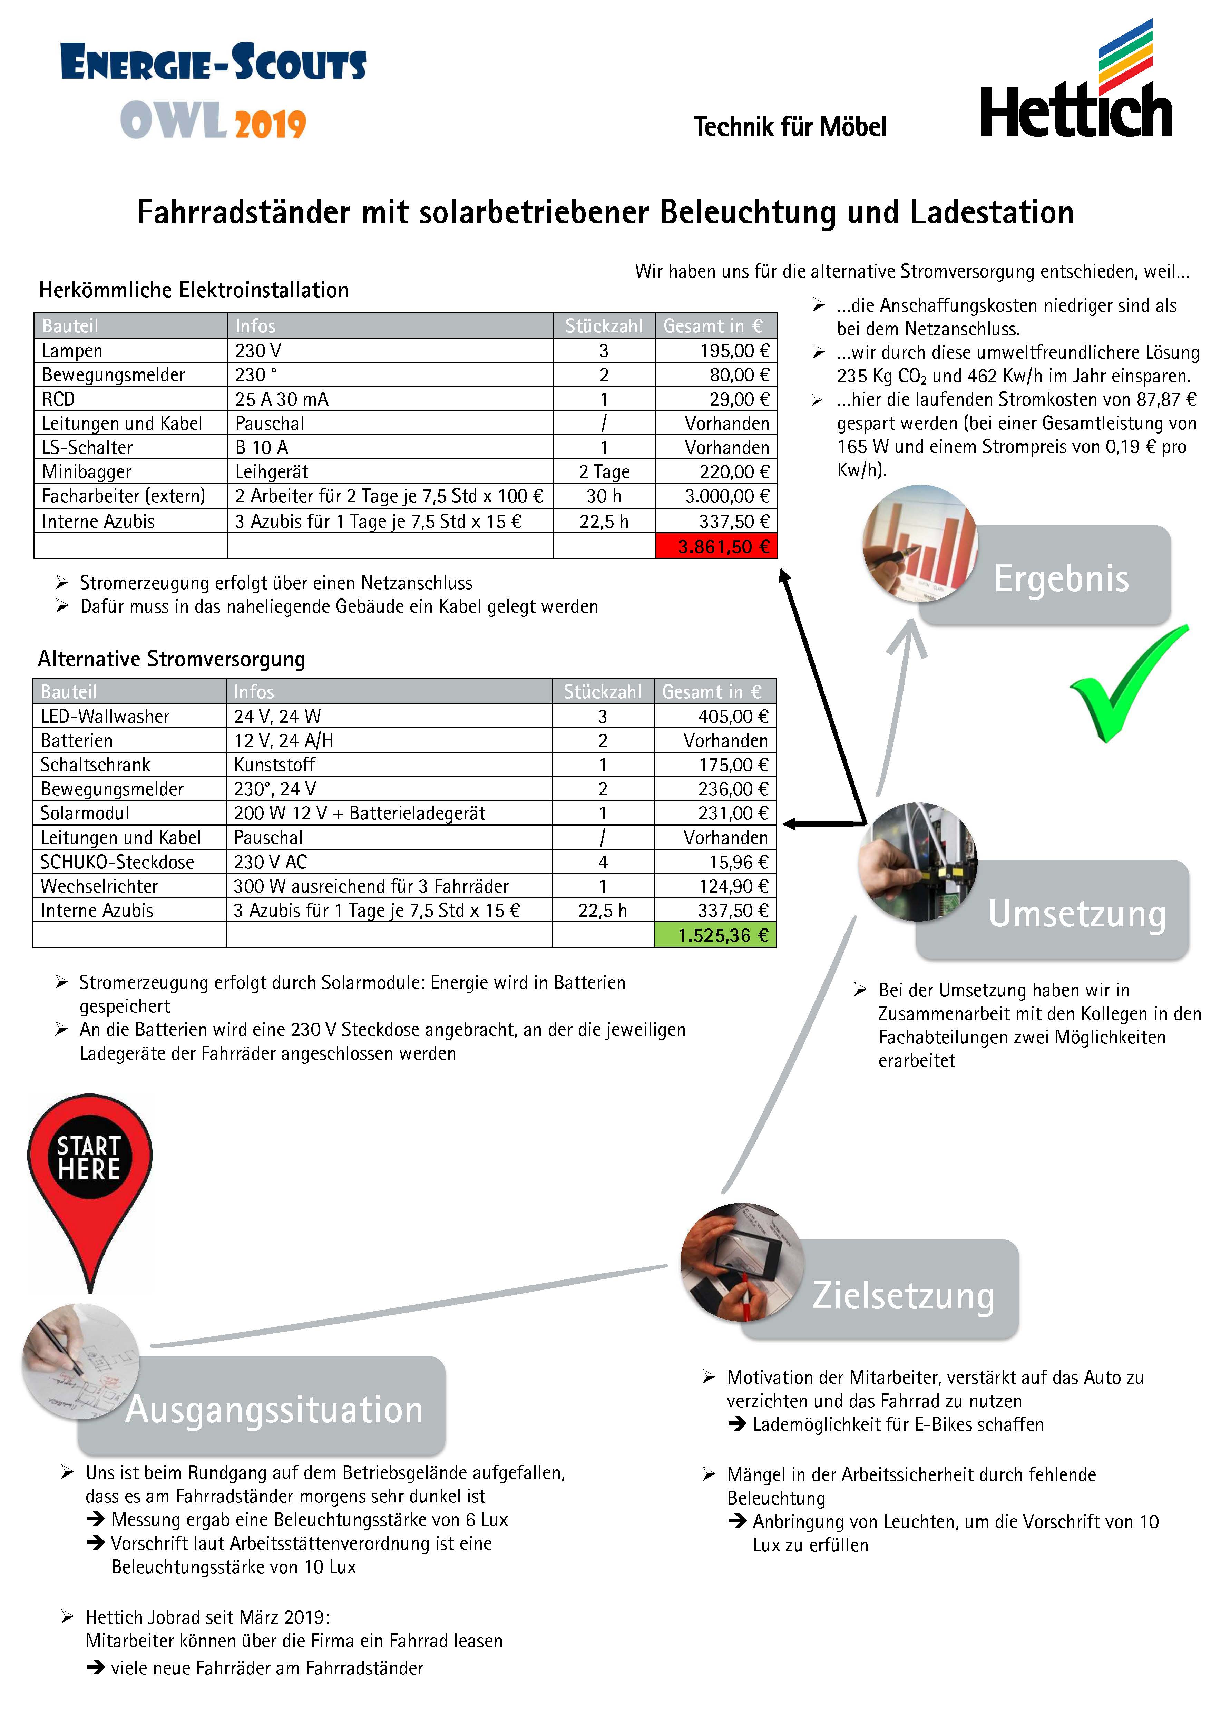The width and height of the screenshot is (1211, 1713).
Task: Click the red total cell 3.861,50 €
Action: point(716,546)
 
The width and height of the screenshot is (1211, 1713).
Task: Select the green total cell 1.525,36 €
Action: point(715,935)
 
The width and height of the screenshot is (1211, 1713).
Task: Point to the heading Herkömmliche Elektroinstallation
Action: point(194,290)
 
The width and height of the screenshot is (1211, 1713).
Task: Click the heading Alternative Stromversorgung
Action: point(172,659)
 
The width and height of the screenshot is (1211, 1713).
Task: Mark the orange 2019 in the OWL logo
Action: point(270,124)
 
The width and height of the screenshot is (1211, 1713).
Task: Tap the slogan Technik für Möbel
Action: point(789,127)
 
